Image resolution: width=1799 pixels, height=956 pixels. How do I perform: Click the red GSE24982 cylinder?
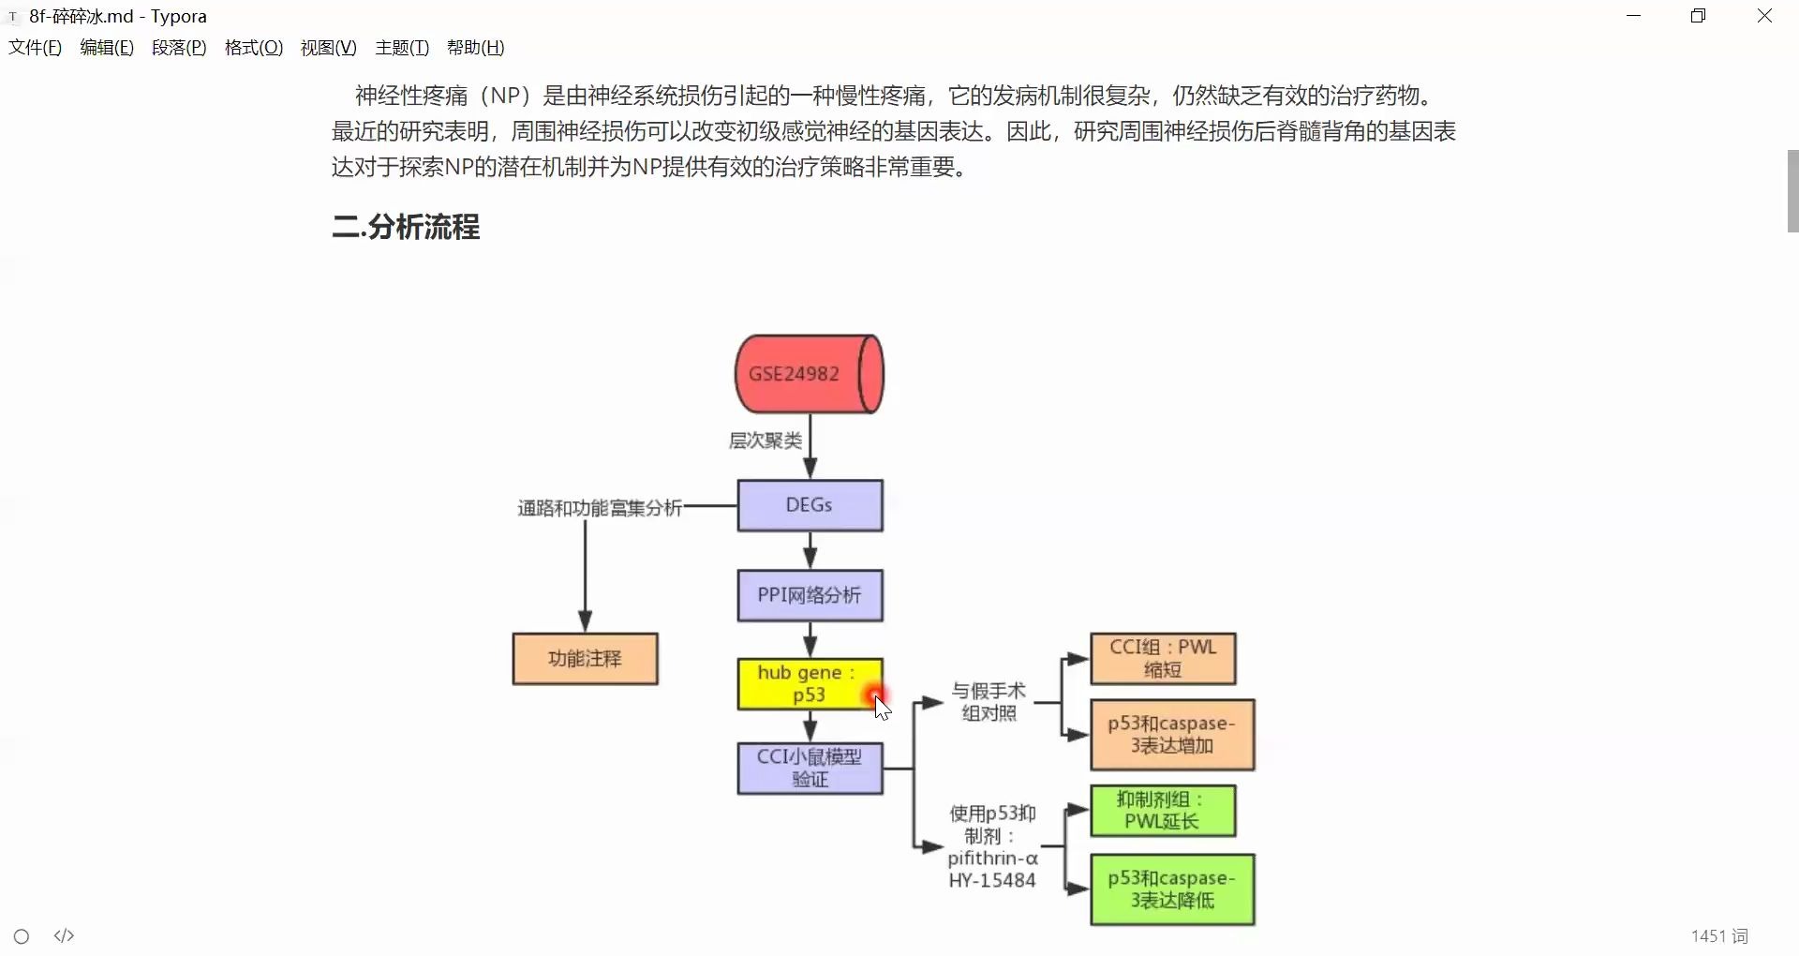click(809, 374)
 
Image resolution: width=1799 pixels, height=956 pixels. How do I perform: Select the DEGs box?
click(810, 506)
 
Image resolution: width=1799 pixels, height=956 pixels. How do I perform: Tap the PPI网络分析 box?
click(810, 595)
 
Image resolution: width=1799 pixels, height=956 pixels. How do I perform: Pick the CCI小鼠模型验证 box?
click(810, 769)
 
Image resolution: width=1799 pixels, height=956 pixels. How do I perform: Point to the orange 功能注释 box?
click(585, 659)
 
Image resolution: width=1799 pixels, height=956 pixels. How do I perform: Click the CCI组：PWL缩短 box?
click(1163, 659)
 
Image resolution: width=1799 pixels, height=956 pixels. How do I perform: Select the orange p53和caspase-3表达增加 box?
click(1171, 735)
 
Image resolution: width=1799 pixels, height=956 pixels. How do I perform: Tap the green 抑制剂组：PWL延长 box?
click(1162, 811)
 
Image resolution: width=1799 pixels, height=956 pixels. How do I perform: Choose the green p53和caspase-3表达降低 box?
click(1171, 889)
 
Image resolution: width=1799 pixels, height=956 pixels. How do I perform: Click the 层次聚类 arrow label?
click(766, 441)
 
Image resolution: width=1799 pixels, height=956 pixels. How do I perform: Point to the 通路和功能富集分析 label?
click(600, 508)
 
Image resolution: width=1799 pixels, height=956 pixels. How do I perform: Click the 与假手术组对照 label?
click(989, 702)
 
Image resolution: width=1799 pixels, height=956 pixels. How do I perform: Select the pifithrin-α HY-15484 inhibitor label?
click(992, 847)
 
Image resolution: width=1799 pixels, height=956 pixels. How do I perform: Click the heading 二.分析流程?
click(406, 227)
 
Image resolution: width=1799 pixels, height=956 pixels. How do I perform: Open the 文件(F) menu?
click(35, 48)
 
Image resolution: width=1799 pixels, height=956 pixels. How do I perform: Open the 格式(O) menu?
click(253, 48)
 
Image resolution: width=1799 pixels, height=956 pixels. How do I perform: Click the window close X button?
click(1764, 16)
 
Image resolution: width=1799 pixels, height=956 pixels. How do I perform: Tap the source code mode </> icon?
click(64, 935)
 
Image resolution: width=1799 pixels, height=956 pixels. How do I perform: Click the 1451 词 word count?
click(1719, 935)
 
